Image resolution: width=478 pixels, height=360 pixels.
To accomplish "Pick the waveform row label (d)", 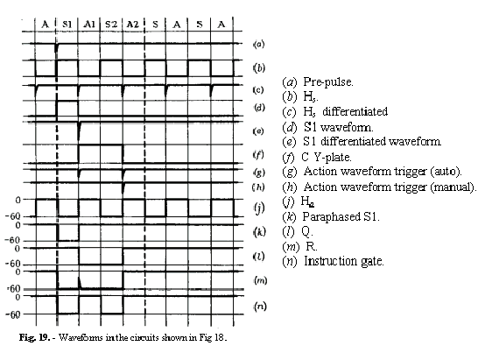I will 260,108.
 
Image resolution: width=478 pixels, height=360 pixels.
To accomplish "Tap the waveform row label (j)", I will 260,208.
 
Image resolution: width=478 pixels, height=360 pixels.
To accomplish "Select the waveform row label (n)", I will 260,306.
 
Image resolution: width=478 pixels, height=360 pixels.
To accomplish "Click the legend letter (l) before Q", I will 288,231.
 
